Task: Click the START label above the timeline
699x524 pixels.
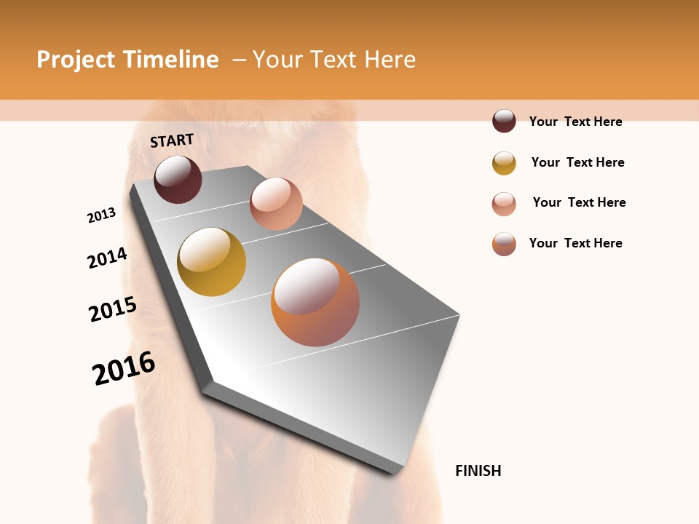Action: point(172,140)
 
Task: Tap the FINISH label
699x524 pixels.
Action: point(478,471)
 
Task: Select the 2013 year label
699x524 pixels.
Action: point(101,215)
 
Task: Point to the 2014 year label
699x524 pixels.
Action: point(107,258)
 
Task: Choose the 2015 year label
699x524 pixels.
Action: point(113,309)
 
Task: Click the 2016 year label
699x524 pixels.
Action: point(124,368)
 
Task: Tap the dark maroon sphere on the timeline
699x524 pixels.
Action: point(178,179)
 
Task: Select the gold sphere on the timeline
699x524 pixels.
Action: point(211,262)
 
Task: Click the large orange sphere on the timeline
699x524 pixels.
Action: point(315,302)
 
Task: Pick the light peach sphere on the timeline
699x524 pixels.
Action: point(276,204)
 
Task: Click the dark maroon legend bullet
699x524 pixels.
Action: point(504,121)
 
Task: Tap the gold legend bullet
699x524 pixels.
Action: point(504,163)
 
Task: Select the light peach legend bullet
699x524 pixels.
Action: point(504,204)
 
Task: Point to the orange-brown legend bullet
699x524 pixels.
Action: point(504,244)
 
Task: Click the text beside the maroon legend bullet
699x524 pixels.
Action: point(575,122)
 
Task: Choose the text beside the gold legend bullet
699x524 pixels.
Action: point(577,162)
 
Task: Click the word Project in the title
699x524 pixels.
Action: point(76,60)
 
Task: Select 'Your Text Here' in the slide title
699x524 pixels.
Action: point(334,60)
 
